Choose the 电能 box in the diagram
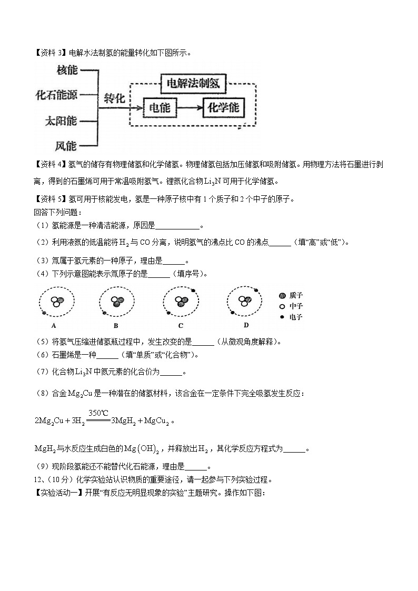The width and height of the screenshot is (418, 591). point(160,108)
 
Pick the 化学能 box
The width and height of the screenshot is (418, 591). point(224,108)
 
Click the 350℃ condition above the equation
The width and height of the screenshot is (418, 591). point(98,413)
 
